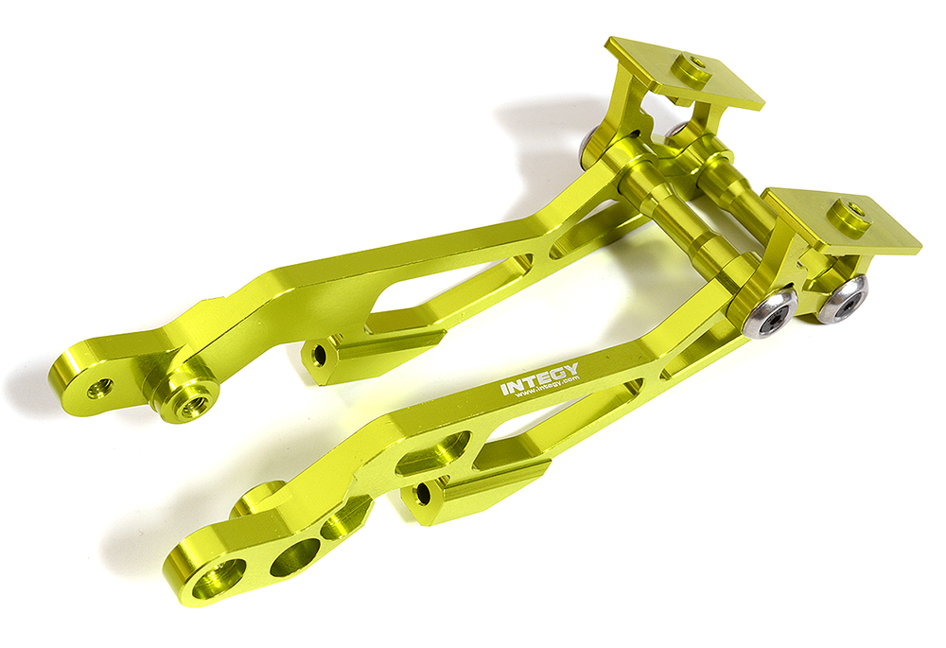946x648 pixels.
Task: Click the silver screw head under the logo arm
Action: pyautogui.click(x=769, y=312)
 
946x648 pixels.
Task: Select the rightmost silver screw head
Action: pyautogui.click(x=842, y=300)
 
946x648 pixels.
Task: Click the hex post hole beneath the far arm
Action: pyautogui.click(x=319, y=355)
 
